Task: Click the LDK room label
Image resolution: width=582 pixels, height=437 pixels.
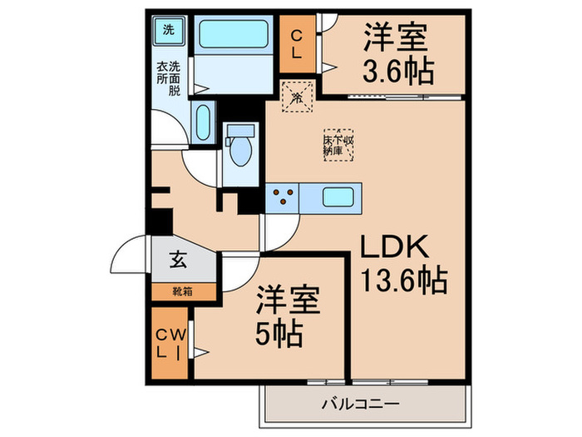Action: (x=394, y=247)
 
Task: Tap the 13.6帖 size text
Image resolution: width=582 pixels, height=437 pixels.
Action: (x=404, y=280)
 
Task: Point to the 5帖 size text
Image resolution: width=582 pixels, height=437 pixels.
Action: (x=279, y=334)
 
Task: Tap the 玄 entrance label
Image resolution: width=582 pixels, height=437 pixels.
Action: (x=178, y=259)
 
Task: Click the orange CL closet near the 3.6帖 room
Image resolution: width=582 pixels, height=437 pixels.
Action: (x=296, y=43)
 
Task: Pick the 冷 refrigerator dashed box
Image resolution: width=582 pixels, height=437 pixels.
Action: (x=298, y=97)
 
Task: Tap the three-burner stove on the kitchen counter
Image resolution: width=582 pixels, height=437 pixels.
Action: (x=283, y=198)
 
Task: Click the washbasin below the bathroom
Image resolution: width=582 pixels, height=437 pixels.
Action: (x=202, y=122)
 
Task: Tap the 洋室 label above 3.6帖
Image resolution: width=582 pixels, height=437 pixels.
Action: (x=396, y=37)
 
